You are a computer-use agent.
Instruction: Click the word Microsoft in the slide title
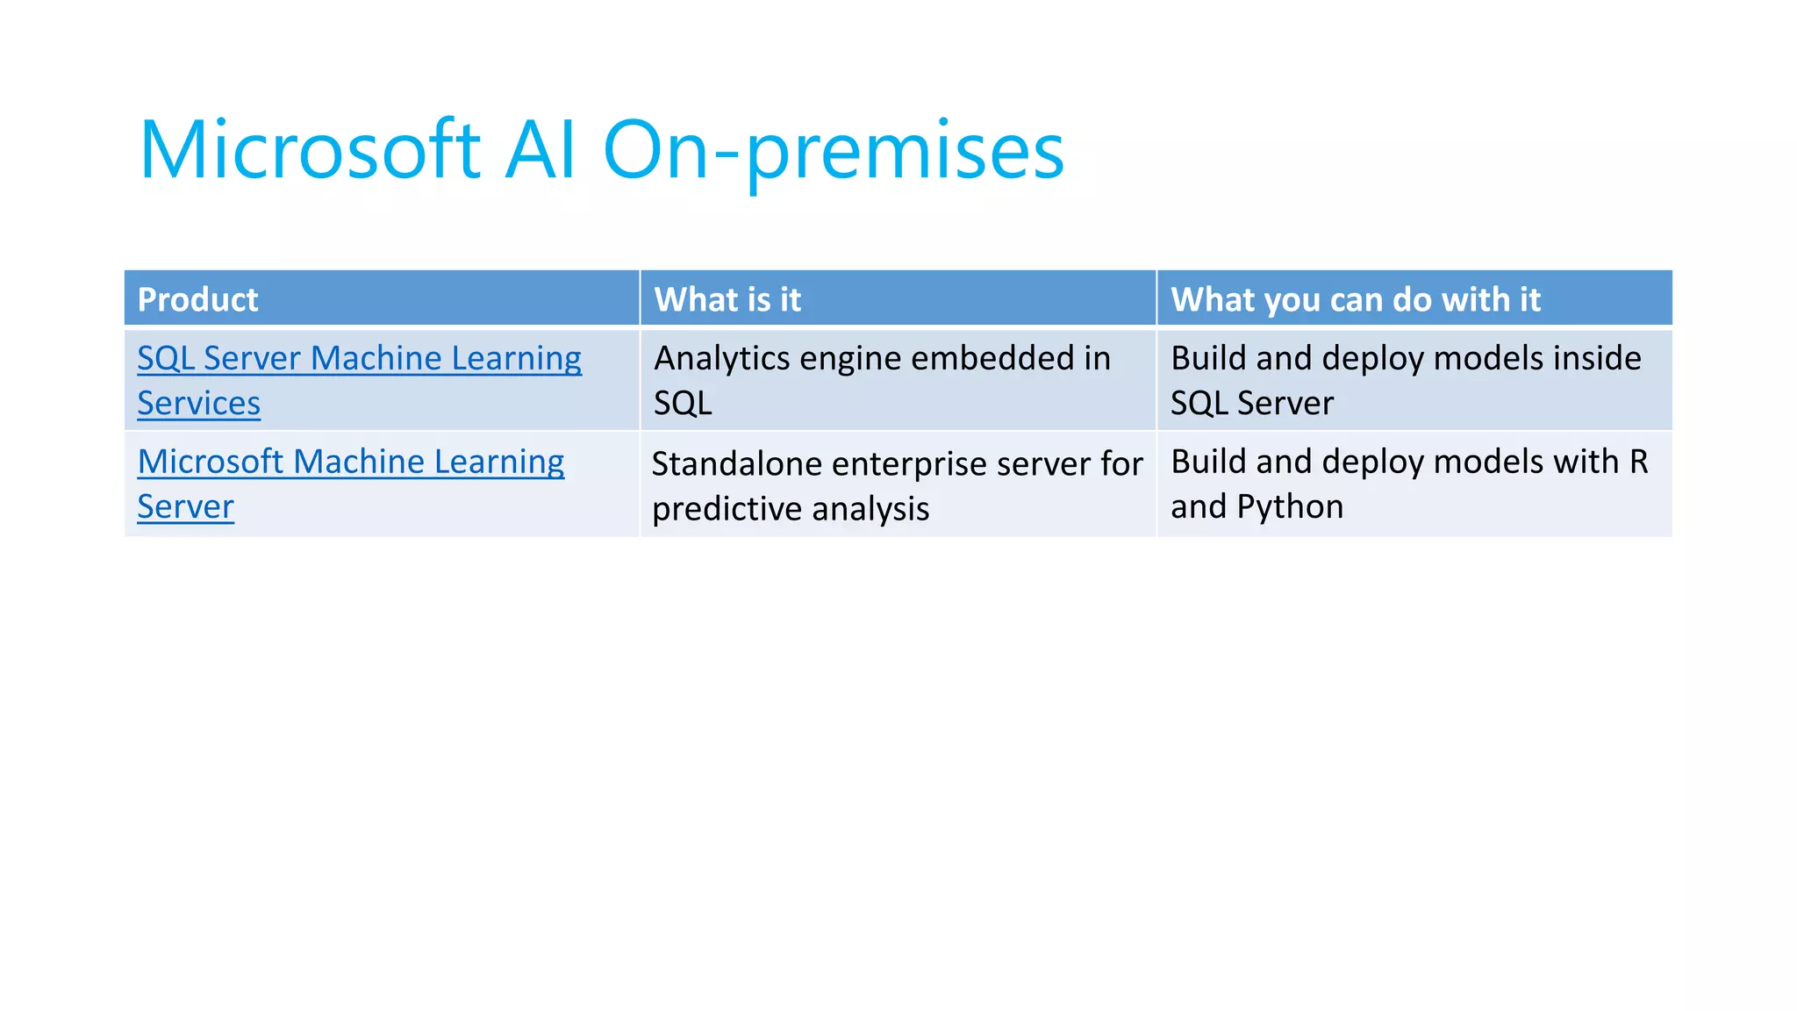point(309,151)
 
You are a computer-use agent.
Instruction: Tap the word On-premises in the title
point(834,151)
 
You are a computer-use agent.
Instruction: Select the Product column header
point(197,300)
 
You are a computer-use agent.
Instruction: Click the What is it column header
point(727,300)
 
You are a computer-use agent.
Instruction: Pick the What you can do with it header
point(1355,300)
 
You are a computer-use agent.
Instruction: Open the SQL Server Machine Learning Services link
point(359,359)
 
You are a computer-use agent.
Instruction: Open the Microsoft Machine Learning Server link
point(350,462)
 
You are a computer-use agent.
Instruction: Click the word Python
point(1290,507)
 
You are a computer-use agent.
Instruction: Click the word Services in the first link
point(198,404)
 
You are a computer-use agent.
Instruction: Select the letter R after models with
point(1638,462)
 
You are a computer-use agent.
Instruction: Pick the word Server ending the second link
point(185,507)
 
